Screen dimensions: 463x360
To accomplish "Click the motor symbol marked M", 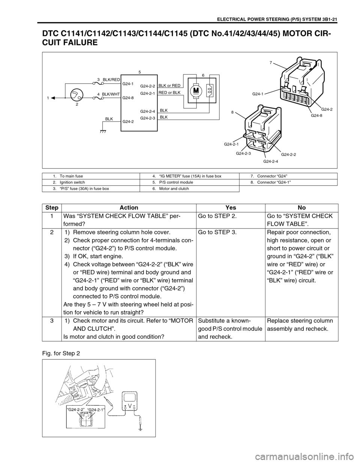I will [195, 91].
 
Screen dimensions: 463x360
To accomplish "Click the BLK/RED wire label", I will [111, 80].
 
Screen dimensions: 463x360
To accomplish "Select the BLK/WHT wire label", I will [111, 95].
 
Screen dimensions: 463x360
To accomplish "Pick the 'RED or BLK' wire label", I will [169, 92].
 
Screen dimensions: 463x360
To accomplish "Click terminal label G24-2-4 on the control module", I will [147, 112].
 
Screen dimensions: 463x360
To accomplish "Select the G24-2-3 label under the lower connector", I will [243, 153].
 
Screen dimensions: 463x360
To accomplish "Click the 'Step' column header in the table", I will [52, 207].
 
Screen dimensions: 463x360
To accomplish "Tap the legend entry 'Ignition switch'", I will [72, 182].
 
